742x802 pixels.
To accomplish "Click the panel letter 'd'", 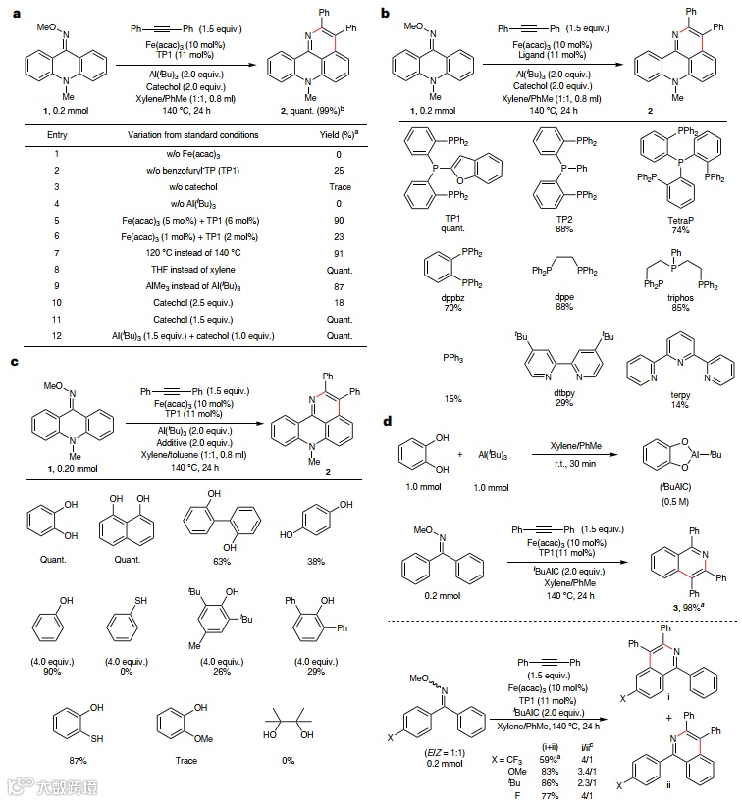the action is click(x=388, y=421).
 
